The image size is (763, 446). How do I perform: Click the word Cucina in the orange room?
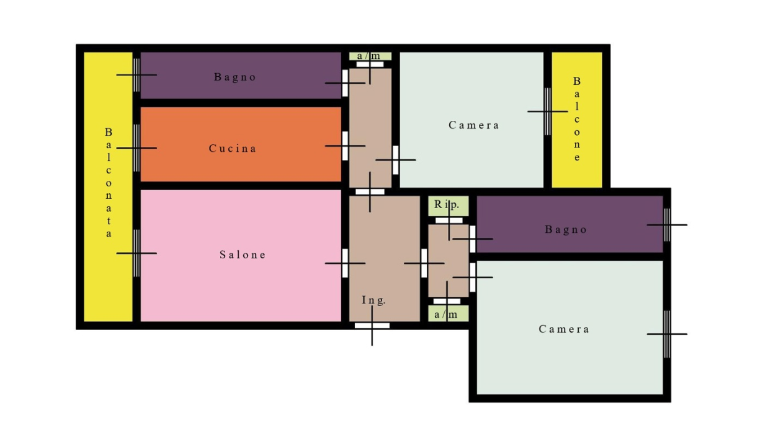click(232, 148)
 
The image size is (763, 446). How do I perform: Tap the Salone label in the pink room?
click(243, 255)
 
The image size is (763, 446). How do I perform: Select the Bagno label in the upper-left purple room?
click(234, 77)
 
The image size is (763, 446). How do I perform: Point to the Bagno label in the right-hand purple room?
click(566, 230)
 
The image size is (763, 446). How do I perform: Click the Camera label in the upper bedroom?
click(474, 125)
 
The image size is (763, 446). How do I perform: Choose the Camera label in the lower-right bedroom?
click(564, 329)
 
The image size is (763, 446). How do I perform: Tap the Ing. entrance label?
click(373, 300)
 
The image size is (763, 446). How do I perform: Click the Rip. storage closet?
click(448, 206)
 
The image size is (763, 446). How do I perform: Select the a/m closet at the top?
click(370, 56)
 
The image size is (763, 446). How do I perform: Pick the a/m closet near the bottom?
click(448, 313)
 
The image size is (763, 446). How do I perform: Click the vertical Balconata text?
click(109, 183)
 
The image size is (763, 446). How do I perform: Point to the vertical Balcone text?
click(577, 119)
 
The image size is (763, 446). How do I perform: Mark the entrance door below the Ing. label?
click(372, 326)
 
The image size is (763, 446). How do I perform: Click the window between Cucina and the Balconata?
click(136, 148)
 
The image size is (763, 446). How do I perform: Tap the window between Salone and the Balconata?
click(136, 253)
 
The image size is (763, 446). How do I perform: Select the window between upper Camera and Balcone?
click(547, 111)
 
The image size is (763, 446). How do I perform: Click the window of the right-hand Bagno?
click(667, 225)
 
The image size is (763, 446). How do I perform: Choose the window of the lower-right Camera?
click(667, 334)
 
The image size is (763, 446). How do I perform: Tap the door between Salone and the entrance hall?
click(345, 263)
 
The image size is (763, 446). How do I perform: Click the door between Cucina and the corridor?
click(345, 146)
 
